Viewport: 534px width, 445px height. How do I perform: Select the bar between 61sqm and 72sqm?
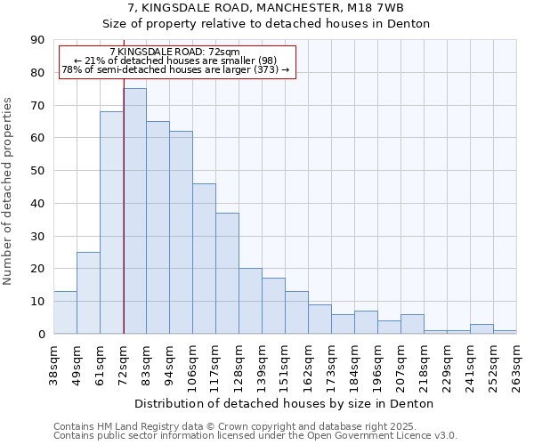pyautogui.click(x=111, y=222)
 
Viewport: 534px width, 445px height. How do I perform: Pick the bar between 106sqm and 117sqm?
pyautogui.click(x=204, y=258)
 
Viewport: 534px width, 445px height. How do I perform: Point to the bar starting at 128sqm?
pyautogui.click(x=250, y=301)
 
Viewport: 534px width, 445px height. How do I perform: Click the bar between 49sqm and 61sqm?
pyautogui.click(x=88, y=293)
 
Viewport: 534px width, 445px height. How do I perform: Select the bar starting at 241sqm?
pyautogui.click(x=481, y=328)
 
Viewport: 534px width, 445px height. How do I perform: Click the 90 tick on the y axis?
pyautogui.click(x=37, y=40)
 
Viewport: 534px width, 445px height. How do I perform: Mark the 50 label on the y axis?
pyautogui.click(x=37, y=171)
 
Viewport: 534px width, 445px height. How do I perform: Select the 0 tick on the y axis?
pyautogui.click(x=41, y=334)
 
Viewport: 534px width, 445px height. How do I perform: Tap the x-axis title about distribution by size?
pyautogui.click(x=285, y=404)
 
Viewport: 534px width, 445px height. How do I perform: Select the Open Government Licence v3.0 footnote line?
pyautogui.click(x=255, y=436)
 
